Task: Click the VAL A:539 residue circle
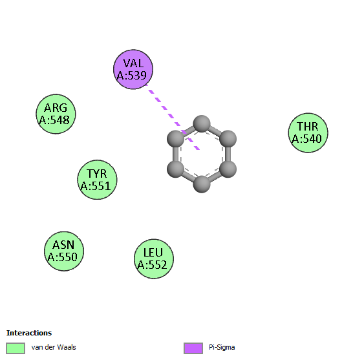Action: [x=133, y=69]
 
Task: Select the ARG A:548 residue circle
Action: [x=56, y=114]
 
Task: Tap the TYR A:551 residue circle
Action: [x=97, y=180]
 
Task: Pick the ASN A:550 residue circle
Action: [x=64, y=251]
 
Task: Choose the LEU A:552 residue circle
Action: [x=154, y=259]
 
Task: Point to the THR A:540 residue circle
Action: [x=308, y=132]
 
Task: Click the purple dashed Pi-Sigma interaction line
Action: [x=173, y=117]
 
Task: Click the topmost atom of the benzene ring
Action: [x=202, y=123]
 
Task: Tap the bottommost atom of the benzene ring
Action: [x=202, y=184]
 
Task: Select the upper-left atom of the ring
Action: [x=175, y=139]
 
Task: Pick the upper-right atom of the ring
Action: [x=228, y=139]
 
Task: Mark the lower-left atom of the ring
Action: [x=175, y=169]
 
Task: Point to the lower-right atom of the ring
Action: [x=228, y=169]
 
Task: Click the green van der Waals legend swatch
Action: [x=16, y=348]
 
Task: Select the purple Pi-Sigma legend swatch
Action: [x=193, y=348]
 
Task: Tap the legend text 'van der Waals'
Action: [x=54, y=347]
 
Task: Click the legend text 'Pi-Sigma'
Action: [x=222, y=348]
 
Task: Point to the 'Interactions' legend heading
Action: [x=29, y=333]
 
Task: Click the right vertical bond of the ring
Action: [x=228, y=154]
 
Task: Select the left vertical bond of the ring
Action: [x=175, y=154]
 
